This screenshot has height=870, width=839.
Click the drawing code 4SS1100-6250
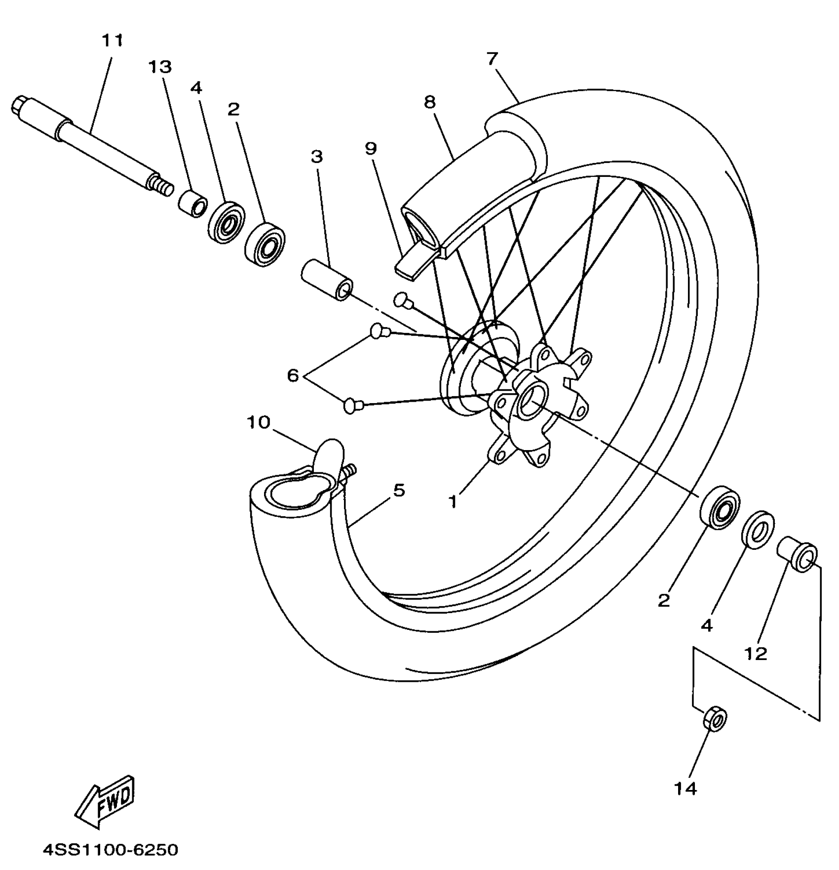click(x=110, y=850)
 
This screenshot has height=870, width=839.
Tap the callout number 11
click(x=113, y=41)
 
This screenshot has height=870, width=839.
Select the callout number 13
click(x=160, y=67)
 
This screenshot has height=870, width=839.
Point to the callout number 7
click(x=492, y=59)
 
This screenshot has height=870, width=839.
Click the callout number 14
click(x=686, y=788)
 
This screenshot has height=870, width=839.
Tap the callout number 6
click(x=293, y=376)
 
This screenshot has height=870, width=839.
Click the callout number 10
click(x=259, y=422)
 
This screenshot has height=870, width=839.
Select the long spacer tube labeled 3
click(x=327, y=280)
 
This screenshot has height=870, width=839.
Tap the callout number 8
click(x=430, y=102)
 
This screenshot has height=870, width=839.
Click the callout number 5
click(x=399, y=491)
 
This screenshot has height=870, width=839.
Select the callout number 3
click(x=317, y=157)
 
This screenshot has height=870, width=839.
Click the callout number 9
click(x=371, y=148)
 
